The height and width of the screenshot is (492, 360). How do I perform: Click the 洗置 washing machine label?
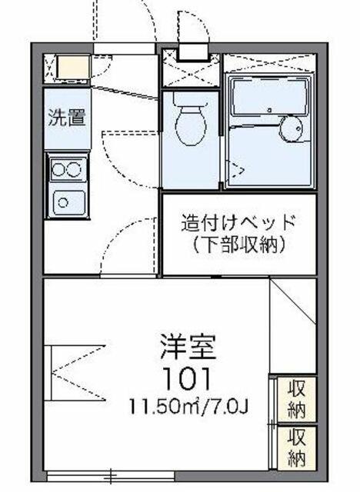pos(67,118)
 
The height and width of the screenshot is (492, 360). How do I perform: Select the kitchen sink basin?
pos(68,202)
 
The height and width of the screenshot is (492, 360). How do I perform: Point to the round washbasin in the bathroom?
pos(292,128)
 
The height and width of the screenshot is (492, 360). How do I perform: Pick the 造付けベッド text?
pos(239,222)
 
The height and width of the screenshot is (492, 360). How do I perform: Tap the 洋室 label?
pos(188,347)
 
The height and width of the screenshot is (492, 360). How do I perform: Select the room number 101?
pos(188,378)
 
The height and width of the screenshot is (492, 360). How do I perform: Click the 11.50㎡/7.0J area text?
pos(189,407)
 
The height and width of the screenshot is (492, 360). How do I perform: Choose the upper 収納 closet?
pos(297,398)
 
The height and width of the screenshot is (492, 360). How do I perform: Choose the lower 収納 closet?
pos(297,447)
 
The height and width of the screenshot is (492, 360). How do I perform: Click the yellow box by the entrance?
pos(73,67)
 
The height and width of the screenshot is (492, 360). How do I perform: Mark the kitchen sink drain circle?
pos(63,203)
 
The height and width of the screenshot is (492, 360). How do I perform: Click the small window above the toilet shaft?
pos(193,52)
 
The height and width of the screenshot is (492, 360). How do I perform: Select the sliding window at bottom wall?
pos(110,476)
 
